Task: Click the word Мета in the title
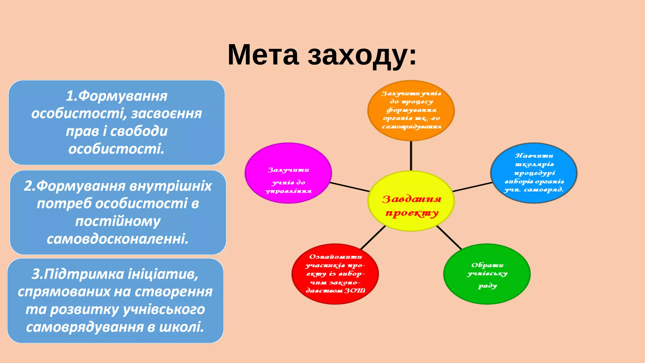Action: coord(263,55)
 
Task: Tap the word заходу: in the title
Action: coord(362,55)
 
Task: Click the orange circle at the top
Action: coord(411,110)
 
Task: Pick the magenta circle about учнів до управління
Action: coord(288,173)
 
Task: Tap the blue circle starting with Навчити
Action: coord(534,173)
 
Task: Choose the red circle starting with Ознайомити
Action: coord(335,274)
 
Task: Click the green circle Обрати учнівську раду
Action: coord(487,274)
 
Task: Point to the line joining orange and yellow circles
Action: coord(411,156)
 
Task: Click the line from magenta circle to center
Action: coord(350,187)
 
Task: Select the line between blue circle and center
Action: coord(472,187)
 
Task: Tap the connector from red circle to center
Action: coord(373,237)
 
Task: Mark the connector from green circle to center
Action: coord(449,237)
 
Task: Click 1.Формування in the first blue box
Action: coord(117,96)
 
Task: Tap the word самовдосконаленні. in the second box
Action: coord(117,239)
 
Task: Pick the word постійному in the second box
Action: coord(118,222)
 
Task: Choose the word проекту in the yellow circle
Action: coord(412,213)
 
